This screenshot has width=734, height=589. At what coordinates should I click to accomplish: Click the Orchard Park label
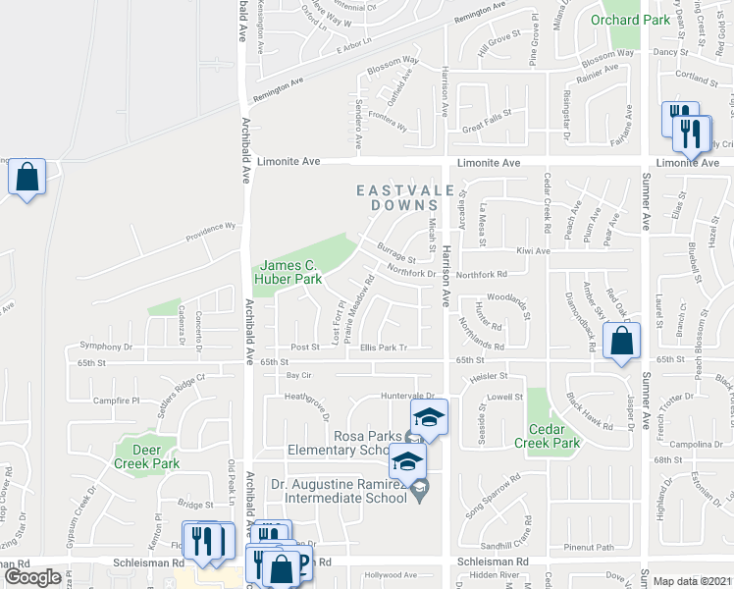pyautogui.click(x=628, y=20)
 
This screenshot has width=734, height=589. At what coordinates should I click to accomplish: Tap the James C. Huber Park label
pyautogui.click(x=288, y=273)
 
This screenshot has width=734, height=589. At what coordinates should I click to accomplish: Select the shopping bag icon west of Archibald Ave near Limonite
pyautogui.click(x=27, y=178)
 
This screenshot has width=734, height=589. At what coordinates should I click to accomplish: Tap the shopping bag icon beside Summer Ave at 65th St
pyautogui.click(x=622, y=342)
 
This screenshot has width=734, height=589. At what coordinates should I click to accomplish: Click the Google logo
pyautogui.click(x=32, y=578)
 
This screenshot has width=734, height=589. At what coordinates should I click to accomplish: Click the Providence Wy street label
pyautogui.click(x=212, y=232)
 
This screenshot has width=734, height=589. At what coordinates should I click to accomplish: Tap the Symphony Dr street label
pyautogui.click(x=106, y=347)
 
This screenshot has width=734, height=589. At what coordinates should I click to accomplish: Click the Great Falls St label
pyautogui.click(x=488, y=128)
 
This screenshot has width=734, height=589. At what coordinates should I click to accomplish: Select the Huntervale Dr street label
pyautogui.click(x=407, y=396)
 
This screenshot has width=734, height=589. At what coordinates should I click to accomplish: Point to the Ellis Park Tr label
pyautogui.click(x=383, y=347)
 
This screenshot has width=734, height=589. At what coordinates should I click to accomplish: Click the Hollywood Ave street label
pyautogui.click(x=392, y=575)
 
